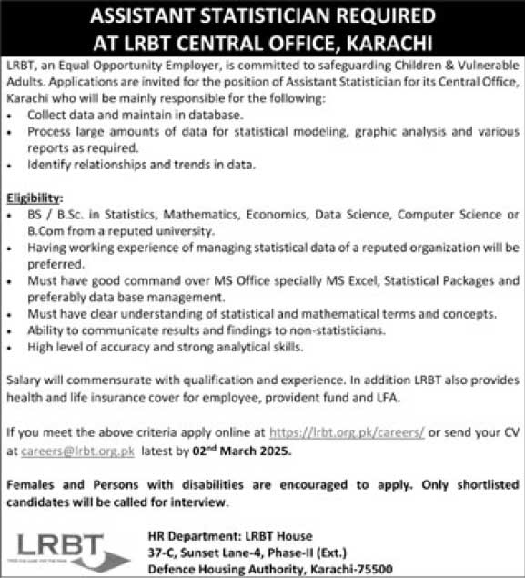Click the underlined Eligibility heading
[x=35, y=198]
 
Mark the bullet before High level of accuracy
[x=9, y=346]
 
